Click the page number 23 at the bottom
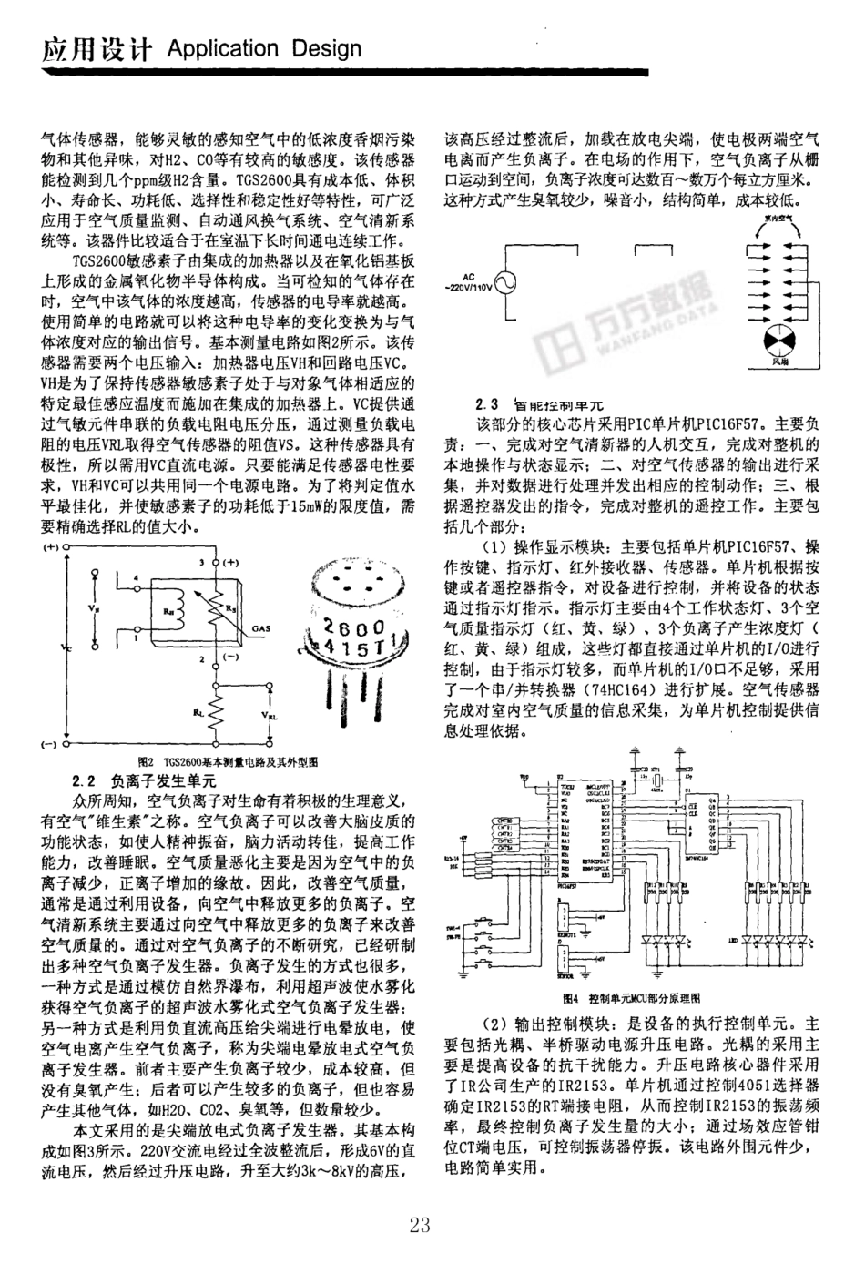[420, 1225]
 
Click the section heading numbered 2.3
[543, 404]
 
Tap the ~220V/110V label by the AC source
[467, 286]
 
